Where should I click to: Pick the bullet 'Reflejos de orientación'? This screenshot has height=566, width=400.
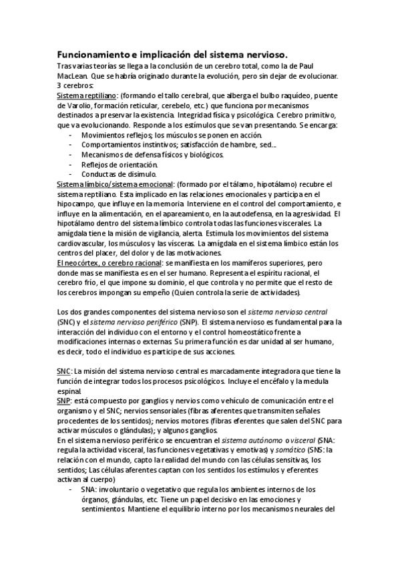coord(120,164)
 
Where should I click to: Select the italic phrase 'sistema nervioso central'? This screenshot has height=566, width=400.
coord(290,312)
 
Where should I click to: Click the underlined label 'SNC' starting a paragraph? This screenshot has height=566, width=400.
coord(65,371)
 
